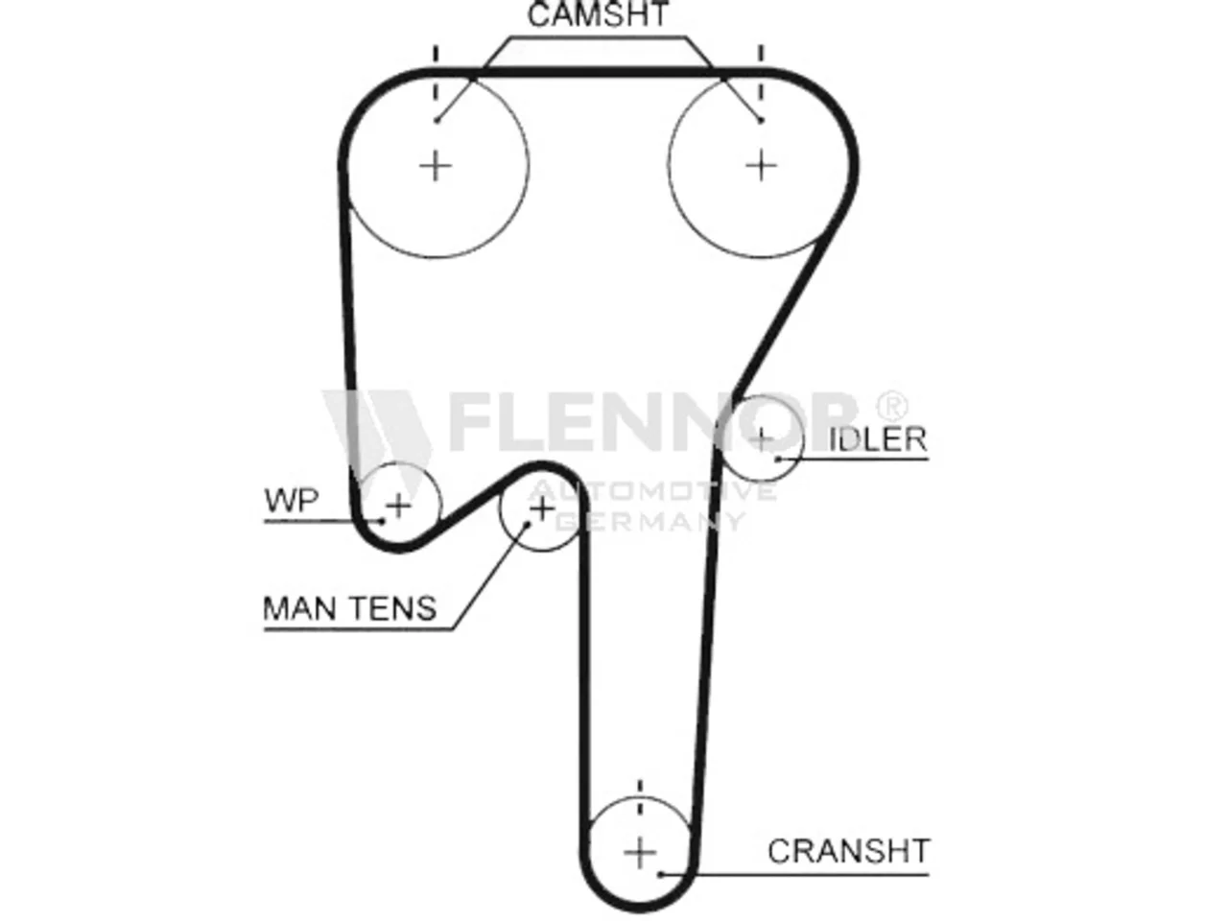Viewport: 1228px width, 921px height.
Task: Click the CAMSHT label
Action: pos(598,14)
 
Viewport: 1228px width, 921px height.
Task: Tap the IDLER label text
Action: pos(877,439)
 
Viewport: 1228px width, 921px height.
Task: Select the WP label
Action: pos(292,501)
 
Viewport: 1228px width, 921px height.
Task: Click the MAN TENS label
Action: pos(349,608)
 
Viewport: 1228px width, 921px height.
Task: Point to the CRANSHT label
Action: pos(849,851)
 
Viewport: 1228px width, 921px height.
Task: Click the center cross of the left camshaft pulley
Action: pos(436,166)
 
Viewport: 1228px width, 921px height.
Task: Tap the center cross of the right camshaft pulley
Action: pos(761,166)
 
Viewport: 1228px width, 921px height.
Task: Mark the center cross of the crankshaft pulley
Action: pos(640,853)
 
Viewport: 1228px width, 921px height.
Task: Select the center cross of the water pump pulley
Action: pos(398,506)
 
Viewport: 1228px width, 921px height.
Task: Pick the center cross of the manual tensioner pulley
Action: pos(541,508)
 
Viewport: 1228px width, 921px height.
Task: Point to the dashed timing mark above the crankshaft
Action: pos(640,800)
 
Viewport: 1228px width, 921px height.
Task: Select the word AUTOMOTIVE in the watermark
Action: pos(652,492)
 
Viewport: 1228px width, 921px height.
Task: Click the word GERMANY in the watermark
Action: pos(650,521)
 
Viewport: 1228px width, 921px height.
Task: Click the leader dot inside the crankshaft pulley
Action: pos(661,874)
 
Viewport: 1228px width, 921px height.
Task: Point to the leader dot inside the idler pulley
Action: pos(778,460)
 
